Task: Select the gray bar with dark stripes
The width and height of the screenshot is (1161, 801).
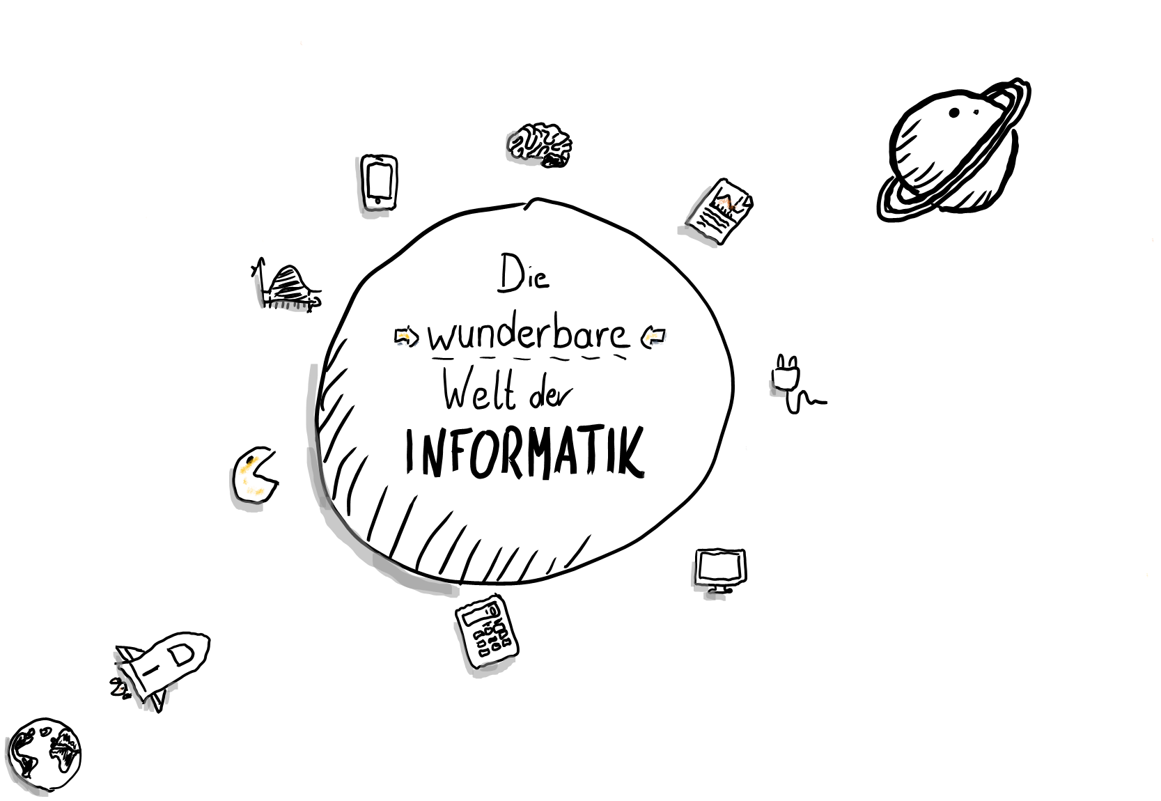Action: [x=290, y=306]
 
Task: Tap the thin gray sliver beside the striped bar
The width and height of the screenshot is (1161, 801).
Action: [x=258, y=291]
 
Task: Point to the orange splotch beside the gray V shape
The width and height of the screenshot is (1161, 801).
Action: [x=727, y=203]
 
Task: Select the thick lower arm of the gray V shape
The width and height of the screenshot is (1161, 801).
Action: [x=697, y=236]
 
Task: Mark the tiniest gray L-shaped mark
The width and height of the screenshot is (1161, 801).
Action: [x=776, y=391]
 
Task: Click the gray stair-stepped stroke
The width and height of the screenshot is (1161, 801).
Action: [x=705, y=589]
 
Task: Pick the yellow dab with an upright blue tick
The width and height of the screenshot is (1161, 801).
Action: [x=653, y=338]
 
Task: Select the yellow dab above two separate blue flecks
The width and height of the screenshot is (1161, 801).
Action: [x=404, y=338]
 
